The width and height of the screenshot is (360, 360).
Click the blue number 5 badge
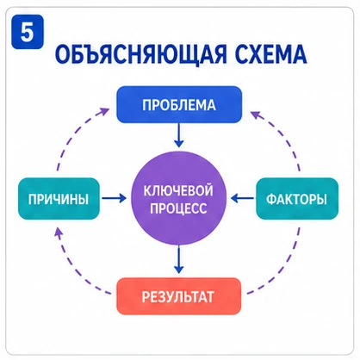pyautogui.click(x=28, y=32)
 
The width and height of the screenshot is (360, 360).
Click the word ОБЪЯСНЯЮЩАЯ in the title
pyautogui.click(x=140, y=54)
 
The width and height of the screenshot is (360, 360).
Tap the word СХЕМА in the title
pyautogui.click(x=271, y=54)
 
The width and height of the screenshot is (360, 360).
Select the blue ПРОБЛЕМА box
pyautogui.click(x=179, y=104)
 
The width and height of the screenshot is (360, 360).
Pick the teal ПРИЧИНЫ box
pyautogui.click(x=59, y=199)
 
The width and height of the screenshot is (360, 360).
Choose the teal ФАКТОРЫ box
pyautogui.click(x=297, y=199)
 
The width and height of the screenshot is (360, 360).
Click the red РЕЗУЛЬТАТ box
pyautogui.click(x=178, y=296)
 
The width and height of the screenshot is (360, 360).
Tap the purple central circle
pyautogui.click(x=178, y=198)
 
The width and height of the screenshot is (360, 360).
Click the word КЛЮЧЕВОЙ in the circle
pyautogui.click(x=178, y=190)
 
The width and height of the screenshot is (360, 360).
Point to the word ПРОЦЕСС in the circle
pyautogui.click(x=178, y=208)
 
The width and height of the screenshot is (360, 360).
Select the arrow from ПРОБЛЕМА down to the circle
pyautogui.click(x=179, y=135)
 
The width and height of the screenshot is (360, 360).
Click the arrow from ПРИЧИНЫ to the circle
pyautogui.click(x=115, y=198)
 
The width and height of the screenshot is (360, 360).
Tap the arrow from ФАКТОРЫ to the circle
pyautogui.click(x=243, y=198)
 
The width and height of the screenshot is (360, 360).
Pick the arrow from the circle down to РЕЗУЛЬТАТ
pyautogui.click(x=179, y=260)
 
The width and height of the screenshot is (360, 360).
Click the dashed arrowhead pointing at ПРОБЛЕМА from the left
pyautogui.click(x=104, y=111)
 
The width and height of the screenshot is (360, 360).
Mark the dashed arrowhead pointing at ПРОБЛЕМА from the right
pyautogui.click(x=255, y=115)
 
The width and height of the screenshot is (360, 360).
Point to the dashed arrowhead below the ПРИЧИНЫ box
pyautogui.click(x=59, y=232)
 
